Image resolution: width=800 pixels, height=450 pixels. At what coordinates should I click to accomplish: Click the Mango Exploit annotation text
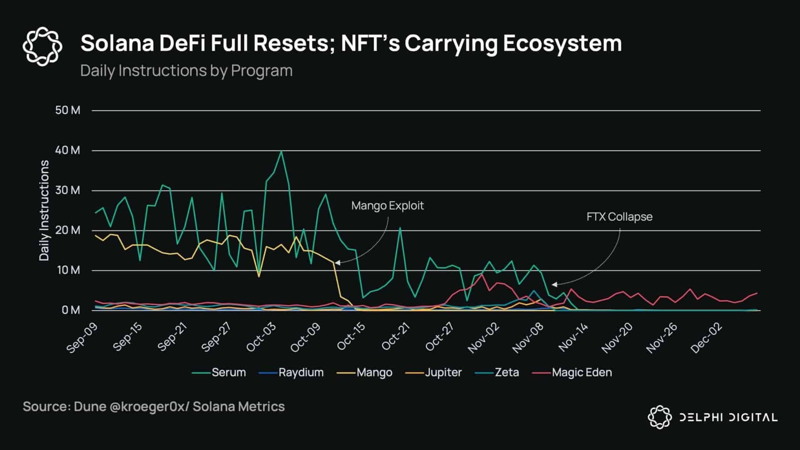coord(387,206)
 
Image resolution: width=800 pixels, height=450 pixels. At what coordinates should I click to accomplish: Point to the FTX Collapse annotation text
coord(619,217)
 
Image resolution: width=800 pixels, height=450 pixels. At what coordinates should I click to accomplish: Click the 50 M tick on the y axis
coord(67,110)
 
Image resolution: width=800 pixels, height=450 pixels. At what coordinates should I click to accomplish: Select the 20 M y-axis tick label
coord(67,230)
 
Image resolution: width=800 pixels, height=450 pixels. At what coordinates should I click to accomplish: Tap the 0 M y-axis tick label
coord(70,310)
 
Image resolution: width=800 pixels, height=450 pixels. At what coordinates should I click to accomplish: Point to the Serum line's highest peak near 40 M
coord(281,152)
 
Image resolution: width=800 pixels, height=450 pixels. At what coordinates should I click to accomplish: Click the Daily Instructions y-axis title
coord(44,210)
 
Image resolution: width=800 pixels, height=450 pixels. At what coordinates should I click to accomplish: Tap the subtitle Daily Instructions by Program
coord(186,71)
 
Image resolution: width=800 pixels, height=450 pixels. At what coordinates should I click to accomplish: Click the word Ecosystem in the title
coord(562,43)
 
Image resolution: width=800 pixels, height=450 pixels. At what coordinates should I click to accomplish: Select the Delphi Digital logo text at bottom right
coord(728,417)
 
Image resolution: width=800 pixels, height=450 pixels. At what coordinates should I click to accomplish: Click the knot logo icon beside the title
coord(42,46)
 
